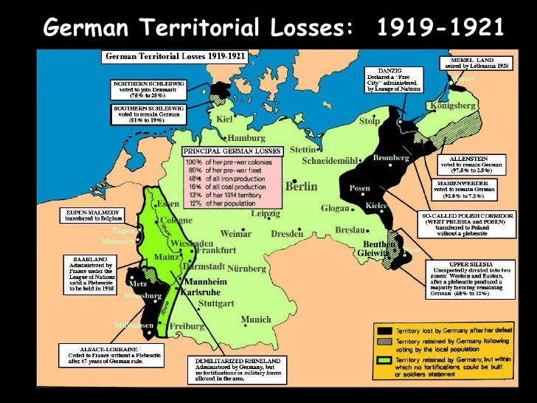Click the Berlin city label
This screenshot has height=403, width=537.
301,187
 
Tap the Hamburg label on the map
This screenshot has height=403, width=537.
246,138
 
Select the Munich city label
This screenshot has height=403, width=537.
256,320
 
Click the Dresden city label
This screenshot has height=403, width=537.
287,234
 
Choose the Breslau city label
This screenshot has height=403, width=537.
350,230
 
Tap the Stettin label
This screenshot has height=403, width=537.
302,149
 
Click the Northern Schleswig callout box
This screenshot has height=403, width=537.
148,89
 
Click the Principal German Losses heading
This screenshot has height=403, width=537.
232,151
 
